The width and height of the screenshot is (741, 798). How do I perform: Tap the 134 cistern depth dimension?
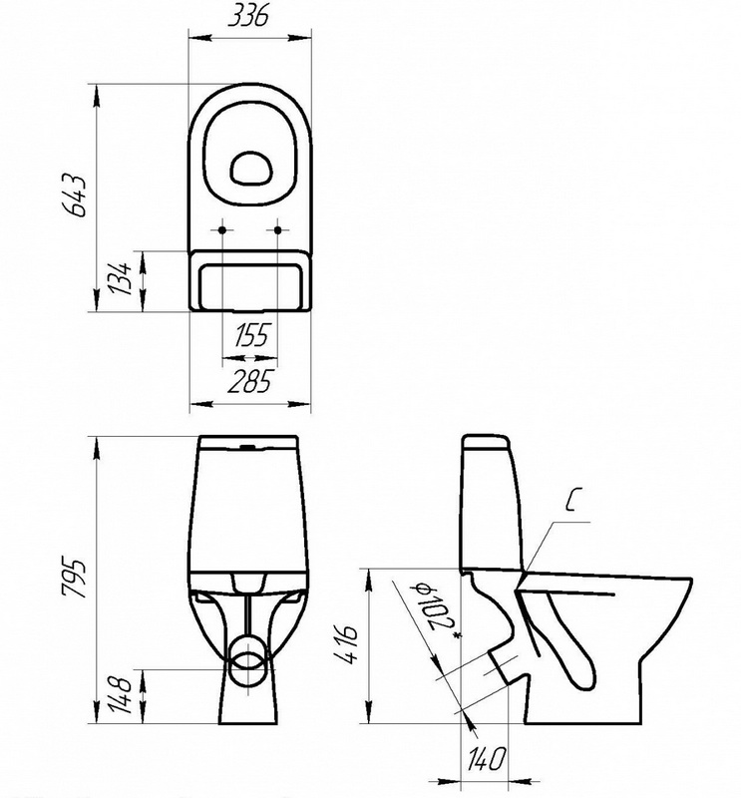tap(121, 279)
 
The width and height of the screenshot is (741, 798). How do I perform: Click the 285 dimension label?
tap(250, 382)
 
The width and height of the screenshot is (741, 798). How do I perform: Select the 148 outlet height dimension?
tap(121, 695)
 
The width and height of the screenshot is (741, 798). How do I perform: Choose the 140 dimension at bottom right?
tap(485, 758)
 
